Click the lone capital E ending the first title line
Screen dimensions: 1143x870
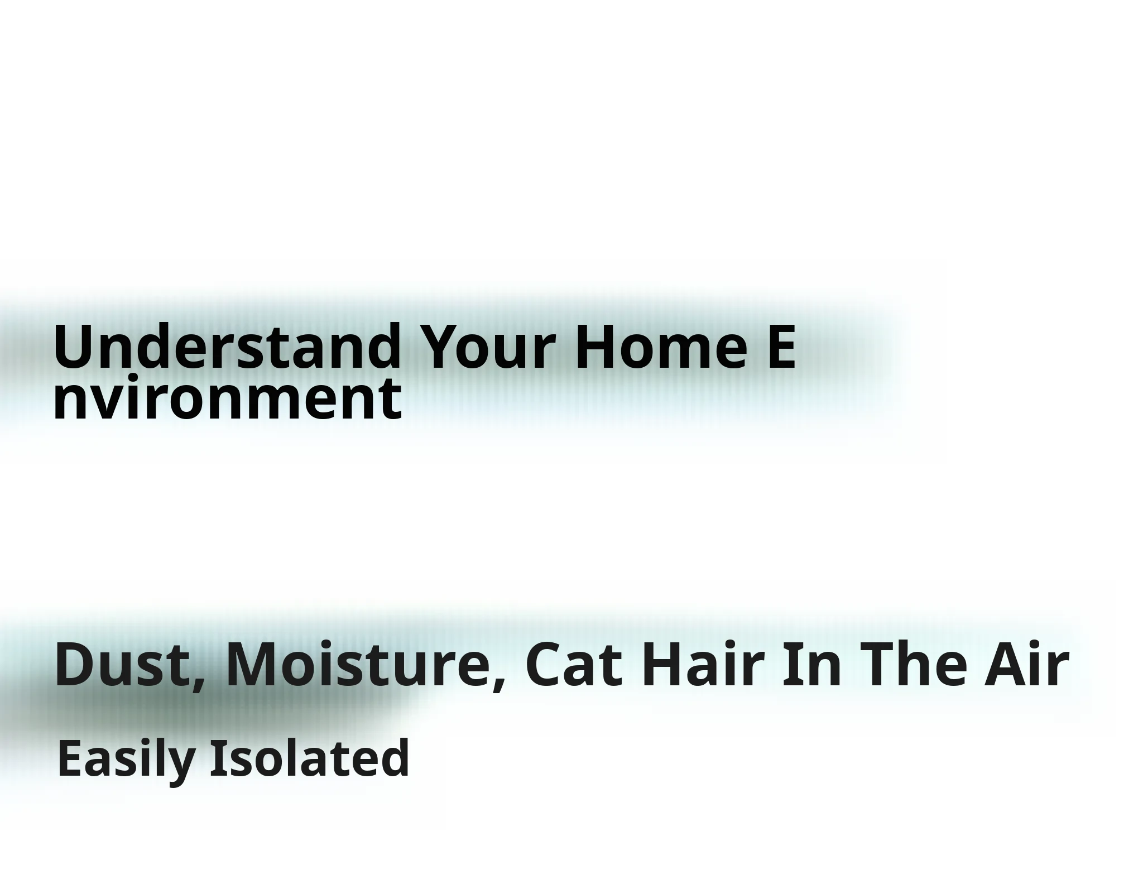coord(780,347)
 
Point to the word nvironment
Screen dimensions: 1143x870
coord(227,398)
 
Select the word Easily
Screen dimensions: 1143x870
coord(126,760)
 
